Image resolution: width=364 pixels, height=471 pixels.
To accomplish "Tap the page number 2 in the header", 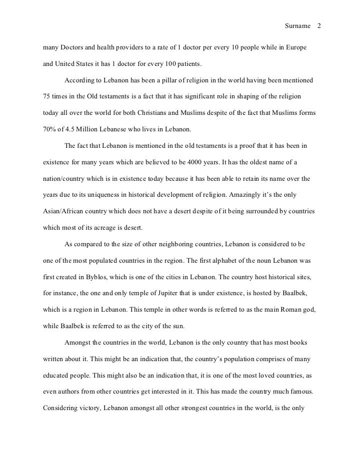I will coord(319,25).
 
